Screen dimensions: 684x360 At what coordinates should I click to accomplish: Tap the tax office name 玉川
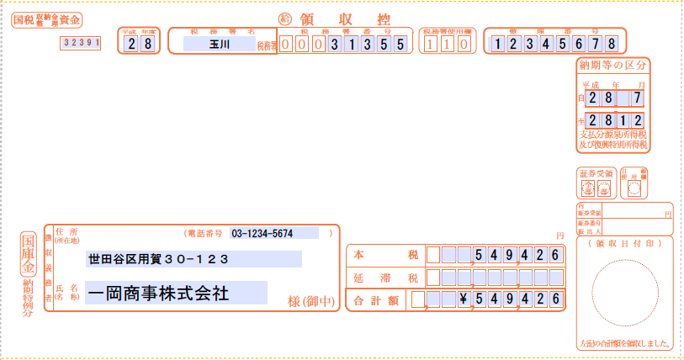(x=218, y=44)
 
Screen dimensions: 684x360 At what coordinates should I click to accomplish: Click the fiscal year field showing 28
(x=139, y=44)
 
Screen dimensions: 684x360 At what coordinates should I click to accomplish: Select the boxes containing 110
(x=445, y=44)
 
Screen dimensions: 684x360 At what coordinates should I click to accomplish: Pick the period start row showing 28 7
(x=616, y=99)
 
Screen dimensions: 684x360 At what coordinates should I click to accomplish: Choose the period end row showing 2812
(x=616, y=121)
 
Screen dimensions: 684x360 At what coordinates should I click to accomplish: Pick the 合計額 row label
(x=374, y=299)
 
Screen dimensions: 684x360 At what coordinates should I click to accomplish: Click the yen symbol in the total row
(x=462, y=299)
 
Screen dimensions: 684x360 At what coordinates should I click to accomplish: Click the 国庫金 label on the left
(x=29, y=252)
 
